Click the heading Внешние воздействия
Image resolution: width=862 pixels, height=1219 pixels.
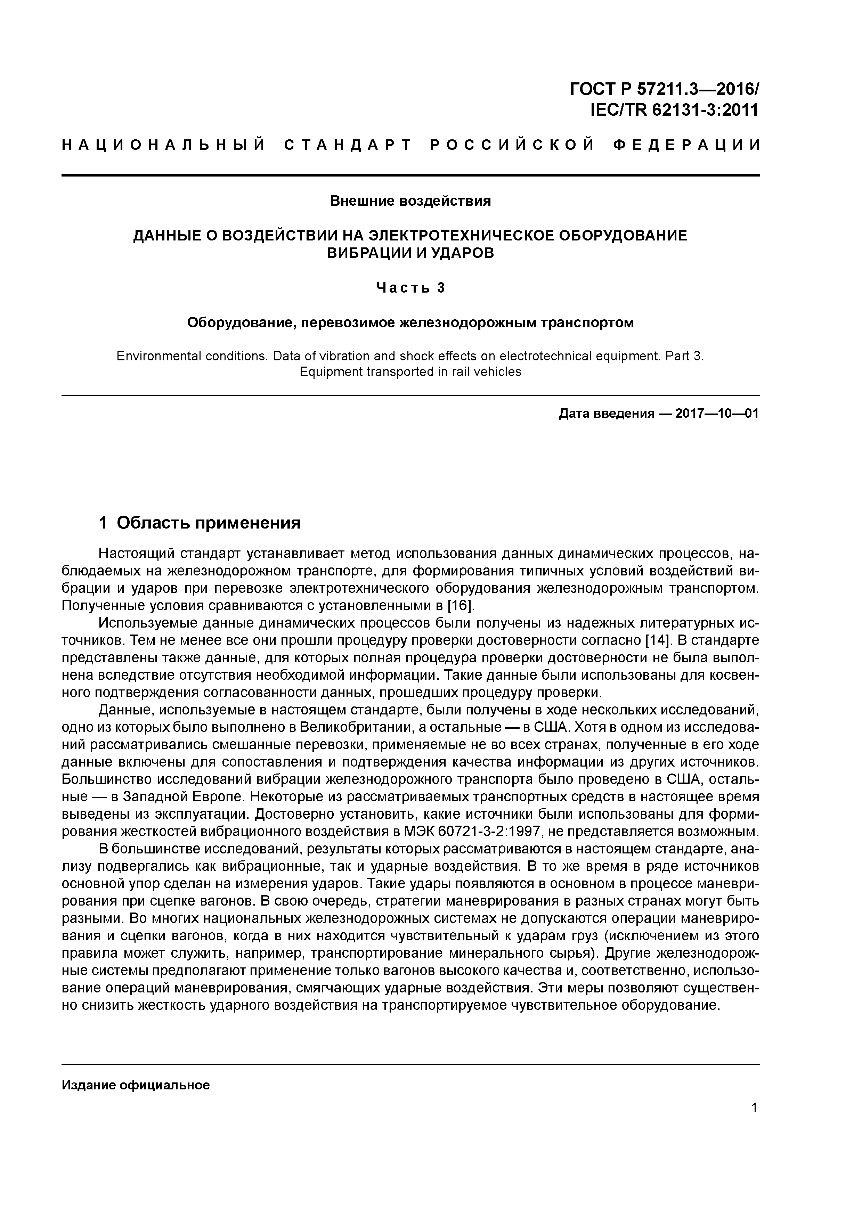pyautogui.click(x=410, y=201)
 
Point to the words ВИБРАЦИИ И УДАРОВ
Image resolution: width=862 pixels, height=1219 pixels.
pyautogui.click(x=410, y=253)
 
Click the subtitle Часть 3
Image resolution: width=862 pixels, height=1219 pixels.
pyautogui.click(x=410, y=288)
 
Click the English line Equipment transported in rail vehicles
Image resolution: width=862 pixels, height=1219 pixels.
pyautogui.click(x=410, y=372)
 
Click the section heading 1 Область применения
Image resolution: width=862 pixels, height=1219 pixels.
pyautogui.click(x=200, y=523)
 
